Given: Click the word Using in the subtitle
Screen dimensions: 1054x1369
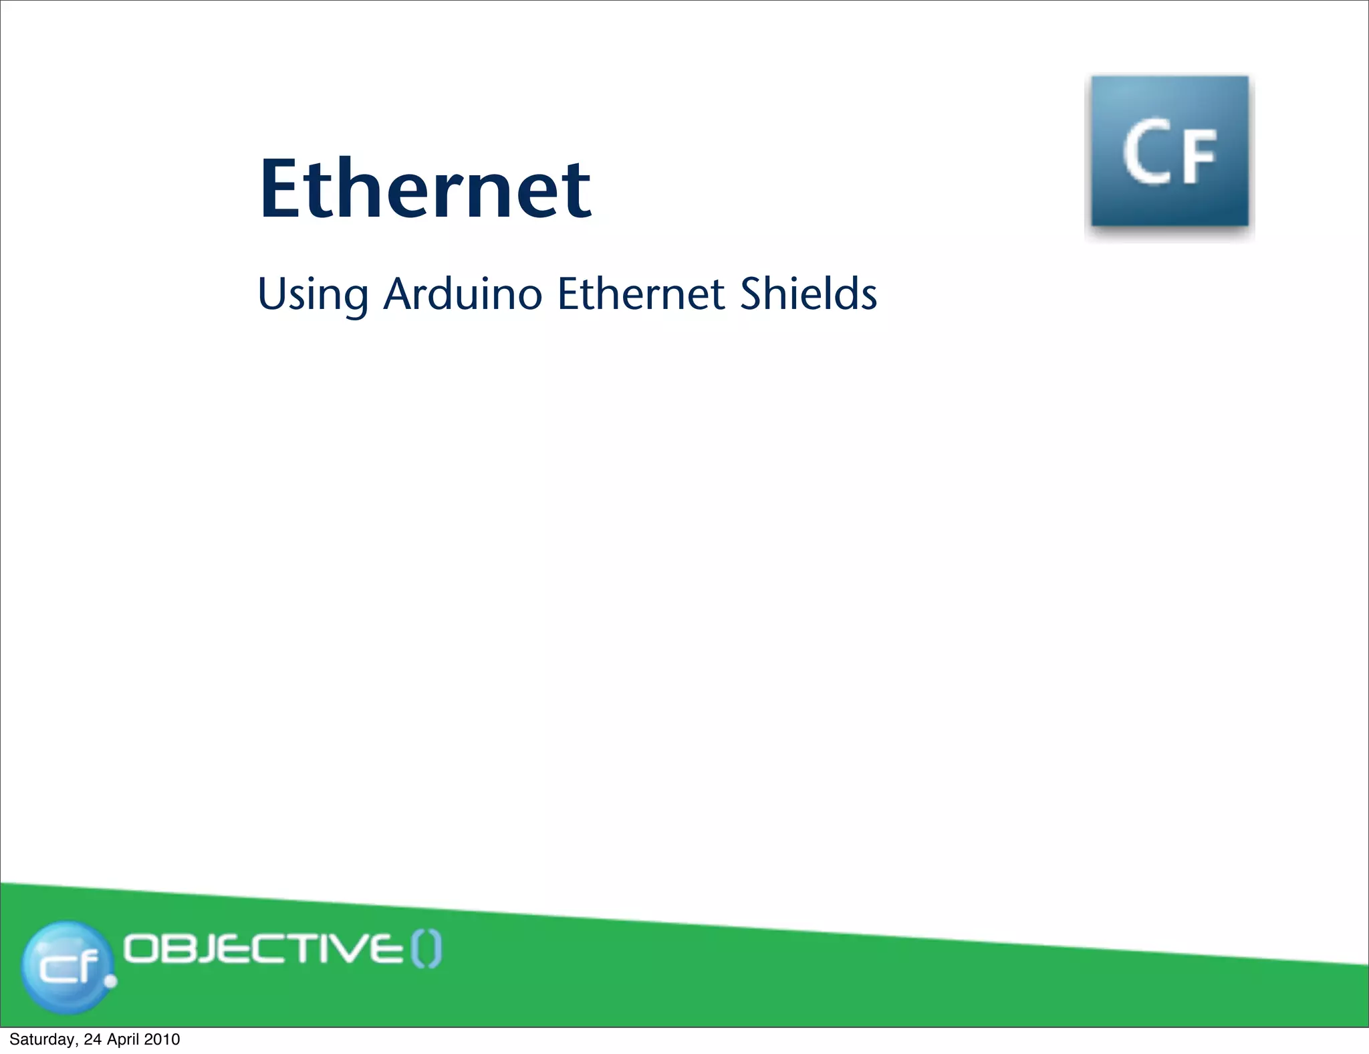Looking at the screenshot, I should (312, 295).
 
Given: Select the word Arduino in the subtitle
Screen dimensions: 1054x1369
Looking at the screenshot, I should (463, 294).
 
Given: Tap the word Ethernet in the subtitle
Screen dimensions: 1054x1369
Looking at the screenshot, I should (641, 294).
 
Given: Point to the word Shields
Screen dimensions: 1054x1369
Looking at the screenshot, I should (808, 294).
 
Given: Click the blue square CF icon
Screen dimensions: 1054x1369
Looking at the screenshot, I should (1169, 152).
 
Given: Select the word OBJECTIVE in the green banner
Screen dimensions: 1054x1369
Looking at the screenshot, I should (263, 949).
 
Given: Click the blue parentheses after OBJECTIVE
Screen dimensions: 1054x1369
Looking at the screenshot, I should (426, 950).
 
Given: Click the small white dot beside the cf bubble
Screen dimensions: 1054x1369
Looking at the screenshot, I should (111, 981).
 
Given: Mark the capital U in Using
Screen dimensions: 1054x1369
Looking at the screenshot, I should (270, 294).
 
